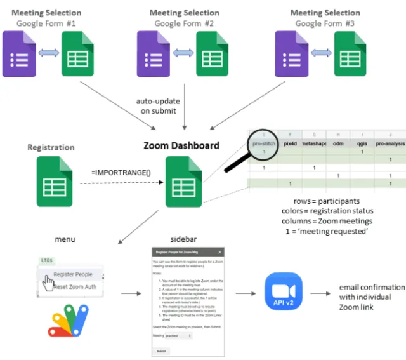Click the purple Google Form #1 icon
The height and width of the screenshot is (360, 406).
pyautogui.click(x=20, y=54)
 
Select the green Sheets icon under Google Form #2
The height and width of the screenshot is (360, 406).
pyautogui.click(x=213, y=54)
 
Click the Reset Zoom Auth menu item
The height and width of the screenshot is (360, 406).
pyautogui.click(x=74, y=287)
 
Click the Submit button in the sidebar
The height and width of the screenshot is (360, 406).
pyautogui.click(x=162, y=350)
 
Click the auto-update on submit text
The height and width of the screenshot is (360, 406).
pyautogui.click(x=158, y=106)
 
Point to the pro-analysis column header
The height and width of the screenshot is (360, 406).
pyautogui.click(x=390, y=144)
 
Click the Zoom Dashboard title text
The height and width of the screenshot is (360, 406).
pyautogui.click(x=181, y=145)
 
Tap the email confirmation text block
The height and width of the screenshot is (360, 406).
pyautogui.click(x=370, y=297)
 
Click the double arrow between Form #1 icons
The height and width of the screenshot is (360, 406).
pyautogui.click(x=49, y=55)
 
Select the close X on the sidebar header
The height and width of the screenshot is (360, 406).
pyautogui.click(x=220, y=252)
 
